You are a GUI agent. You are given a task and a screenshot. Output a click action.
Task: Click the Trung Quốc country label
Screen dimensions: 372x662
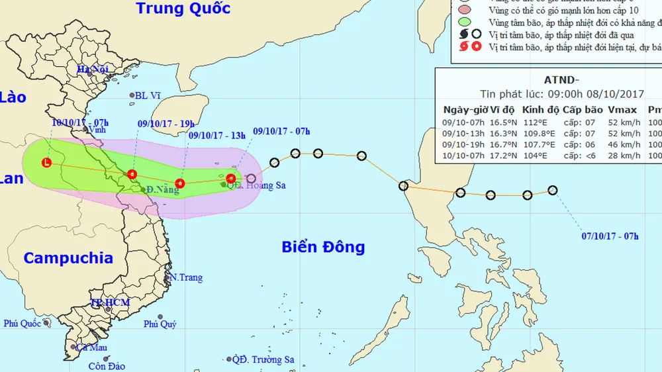point(183,9)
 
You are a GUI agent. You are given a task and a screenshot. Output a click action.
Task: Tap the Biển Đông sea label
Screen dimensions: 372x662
point(323,248)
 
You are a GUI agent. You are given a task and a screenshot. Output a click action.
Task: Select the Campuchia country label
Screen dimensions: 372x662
point(68,258)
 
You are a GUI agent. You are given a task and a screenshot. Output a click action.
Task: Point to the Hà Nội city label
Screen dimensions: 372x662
point(92,70)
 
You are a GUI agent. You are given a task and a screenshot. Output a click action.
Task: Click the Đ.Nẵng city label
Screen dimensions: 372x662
point(163,190)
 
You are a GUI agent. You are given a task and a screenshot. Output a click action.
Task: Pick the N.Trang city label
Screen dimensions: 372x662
point(186,277)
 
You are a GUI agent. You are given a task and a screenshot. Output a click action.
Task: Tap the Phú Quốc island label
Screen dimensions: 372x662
point(23,324)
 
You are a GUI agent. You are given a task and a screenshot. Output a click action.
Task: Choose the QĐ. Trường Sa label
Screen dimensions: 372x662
point(263,359)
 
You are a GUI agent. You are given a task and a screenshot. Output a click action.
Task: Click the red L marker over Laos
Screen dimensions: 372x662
point(46,162)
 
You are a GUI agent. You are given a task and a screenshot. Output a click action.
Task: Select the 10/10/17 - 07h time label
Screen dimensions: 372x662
point(78,122)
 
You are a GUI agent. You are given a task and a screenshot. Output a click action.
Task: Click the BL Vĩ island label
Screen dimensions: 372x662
point(148,95)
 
